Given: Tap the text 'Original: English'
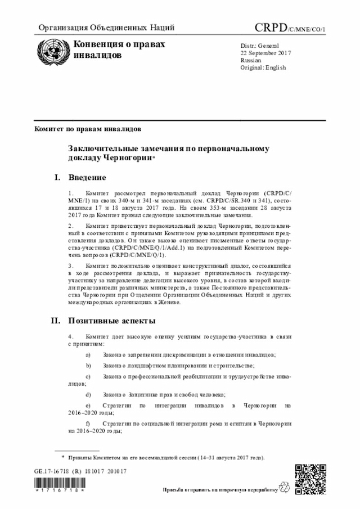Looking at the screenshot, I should click(x=263, y=67).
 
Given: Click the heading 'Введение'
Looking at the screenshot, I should click(x=87, y=178).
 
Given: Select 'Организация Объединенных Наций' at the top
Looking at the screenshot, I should click(x=106, y=28).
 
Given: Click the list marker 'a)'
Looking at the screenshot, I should click(x=87, y=355).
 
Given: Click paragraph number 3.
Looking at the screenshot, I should click(x=70, y=264).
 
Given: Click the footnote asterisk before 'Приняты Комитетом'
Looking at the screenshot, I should click(x=63, y=457).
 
